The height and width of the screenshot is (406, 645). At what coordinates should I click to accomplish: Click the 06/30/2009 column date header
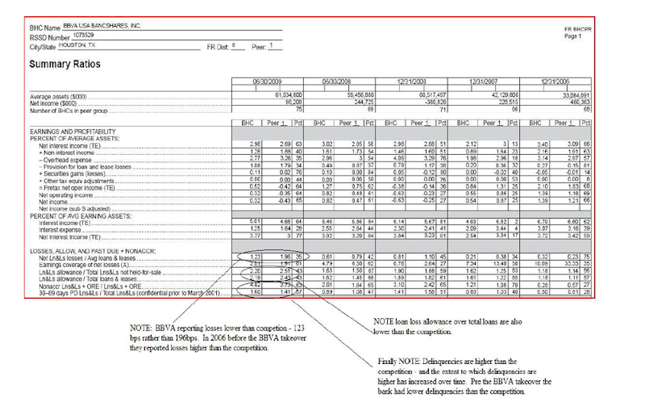click(265, 82)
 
